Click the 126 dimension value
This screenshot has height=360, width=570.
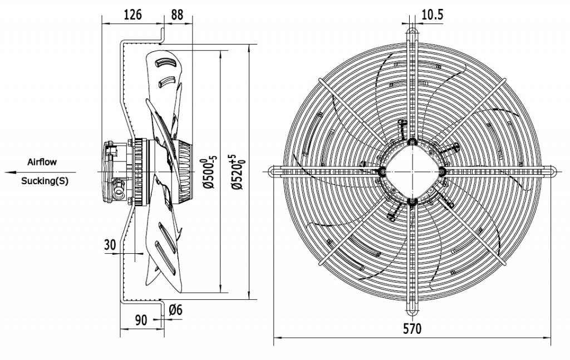(132, 15)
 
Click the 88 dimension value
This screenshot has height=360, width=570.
(177, 15)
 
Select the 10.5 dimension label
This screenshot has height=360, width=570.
(432, 15)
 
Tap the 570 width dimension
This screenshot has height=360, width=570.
(412, 328)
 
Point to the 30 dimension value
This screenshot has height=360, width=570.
(110, 244)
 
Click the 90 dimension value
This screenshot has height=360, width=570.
(141, 320)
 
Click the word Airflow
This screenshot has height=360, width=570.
(42, 162)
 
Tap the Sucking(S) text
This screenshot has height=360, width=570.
(45, 181)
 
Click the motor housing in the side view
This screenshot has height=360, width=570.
(118, 172)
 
